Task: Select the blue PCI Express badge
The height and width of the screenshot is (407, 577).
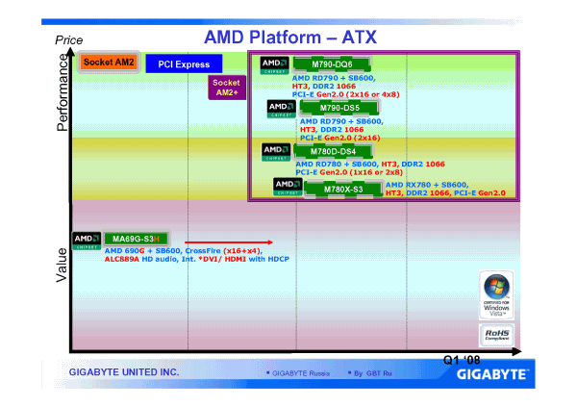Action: (184, 64)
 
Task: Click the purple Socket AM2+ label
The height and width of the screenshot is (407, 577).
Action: (227, 88)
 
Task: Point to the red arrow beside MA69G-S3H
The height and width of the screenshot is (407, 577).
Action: (230, 242)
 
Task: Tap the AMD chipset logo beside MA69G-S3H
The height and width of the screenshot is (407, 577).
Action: (86, 238)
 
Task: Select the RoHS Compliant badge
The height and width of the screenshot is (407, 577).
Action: (497, 335)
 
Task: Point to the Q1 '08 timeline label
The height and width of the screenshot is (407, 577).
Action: (461, 360)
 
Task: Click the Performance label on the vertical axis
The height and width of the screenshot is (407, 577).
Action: (63, 91)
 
